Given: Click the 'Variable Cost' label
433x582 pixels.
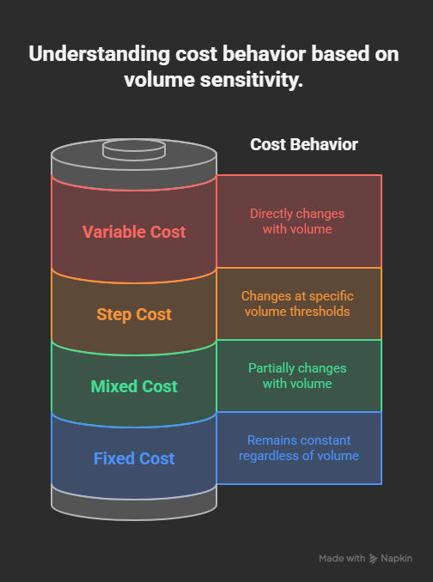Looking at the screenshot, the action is [134, 232].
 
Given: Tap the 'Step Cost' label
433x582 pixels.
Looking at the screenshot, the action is [134, 315].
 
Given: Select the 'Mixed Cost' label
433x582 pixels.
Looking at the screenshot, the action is [134, 386].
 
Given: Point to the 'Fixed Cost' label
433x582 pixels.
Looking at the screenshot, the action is [134, 458].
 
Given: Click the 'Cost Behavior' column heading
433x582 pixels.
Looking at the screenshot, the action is [304, 144].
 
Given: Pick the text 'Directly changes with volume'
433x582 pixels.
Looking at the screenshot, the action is [297, 221].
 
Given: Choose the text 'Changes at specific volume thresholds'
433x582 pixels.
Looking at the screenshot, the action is [297, 304].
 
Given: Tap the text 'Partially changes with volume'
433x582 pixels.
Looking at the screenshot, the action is [297, 376].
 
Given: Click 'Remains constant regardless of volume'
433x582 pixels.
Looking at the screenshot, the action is [299, 448].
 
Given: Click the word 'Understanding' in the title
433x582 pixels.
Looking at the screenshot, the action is [99, 54].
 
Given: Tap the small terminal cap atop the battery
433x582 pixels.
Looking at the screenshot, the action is [134, 150].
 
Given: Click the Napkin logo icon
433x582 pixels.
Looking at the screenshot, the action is [373, 559].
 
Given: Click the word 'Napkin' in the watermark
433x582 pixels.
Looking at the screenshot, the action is [397, 559].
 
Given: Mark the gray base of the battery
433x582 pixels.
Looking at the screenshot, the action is [134, 505].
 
